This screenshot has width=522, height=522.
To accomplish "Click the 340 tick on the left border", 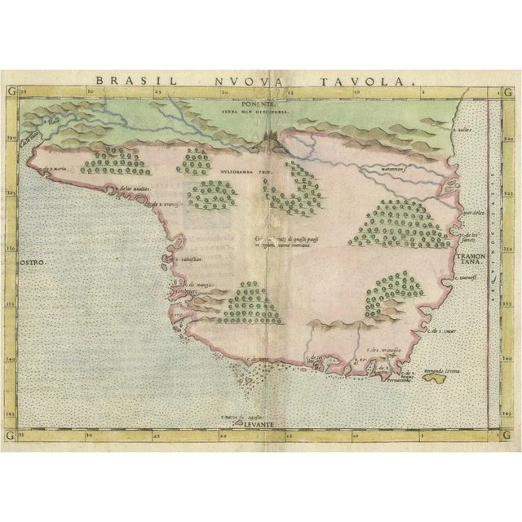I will coord(11,344).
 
